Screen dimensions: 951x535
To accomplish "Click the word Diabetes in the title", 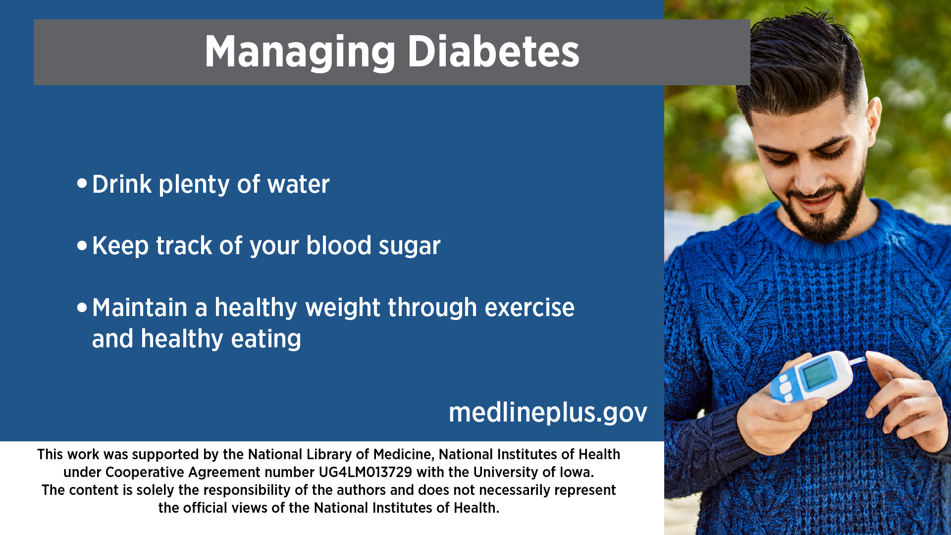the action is pyautogui.click(x=493, y=52).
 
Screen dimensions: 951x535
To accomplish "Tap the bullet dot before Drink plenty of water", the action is pyautogui.click(x=82, y=183).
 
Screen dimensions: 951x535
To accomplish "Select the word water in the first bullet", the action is pyautogui.click(x=298, y=185).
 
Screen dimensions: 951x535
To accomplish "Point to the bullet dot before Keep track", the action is pyautogui.click(x=82, y=245).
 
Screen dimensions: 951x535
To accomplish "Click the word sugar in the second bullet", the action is pyautogui.click(x=409, y=247).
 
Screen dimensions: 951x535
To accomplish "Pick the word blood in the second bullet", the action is pyautogui.click(x=339, y=245).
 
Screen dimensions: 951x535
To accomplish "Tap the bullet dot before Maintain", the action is pyautogui.click(x=82, y=307).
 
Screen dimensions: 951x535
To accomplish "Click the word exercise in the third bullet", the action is pyautogui.click(x=529, y=308).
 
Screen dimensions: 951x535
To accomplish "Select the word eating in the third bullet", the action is pyautogui.click(x=266, y=340).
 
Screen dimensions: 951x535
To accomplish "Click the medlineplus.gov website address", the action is pyautogui.click(x=548, y=412).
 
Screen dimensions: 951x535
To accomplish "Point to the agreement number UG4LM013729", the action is pyautogui.click(x=365, y=472).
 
